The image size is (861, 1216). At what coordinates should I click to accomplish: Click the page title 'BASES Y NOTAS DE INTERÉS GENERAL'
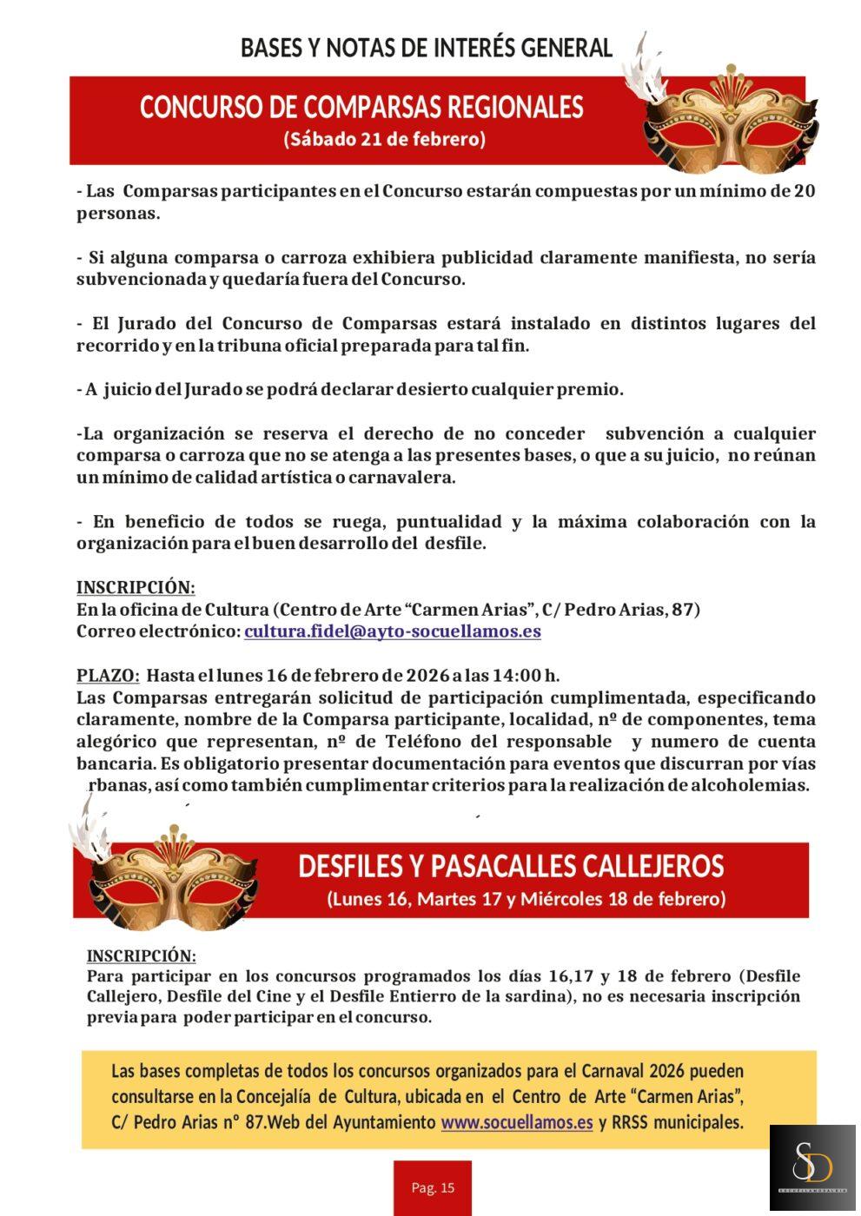click(426, 48)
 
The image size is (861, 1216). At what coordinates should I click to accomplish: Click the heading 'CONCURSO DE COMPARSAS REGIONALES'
click(361, 107)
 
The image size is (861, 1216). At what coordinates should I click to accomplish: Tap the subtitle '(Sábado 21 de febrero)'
click(384, 139)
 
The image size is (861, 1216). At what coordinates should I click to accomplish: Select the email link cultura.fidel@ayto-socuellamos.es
click(392, 631)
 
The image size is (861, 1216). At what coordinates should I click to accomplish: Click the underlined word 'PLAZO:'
click(108, 675)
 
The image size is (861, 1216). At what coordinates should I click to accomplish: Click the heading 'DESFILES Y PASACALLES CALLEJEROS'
click(511, 866)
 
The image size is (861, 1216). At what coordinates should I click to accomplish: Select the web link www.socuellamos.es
click(516, 1122)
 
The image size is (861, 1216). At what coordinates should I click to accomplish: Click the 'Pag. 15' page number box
click(433, 1187)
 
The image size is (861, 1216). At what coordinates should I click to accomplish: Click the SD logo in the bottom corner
click(812, 1168)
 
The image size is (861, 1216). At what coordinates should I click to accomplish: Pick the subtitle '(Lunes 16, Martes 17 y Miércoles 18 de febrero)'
click(526, 899)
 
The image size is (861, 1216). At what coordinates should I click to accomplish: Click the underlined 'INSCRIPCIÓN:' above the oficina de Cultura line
click(136, 587)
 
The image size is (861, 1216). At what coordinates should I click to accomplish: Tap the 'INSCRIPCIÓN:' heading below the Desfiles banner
click(142, 955)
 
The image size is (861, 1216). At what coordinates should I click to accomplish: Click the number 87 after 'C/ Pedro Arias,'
click(684, 609)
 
